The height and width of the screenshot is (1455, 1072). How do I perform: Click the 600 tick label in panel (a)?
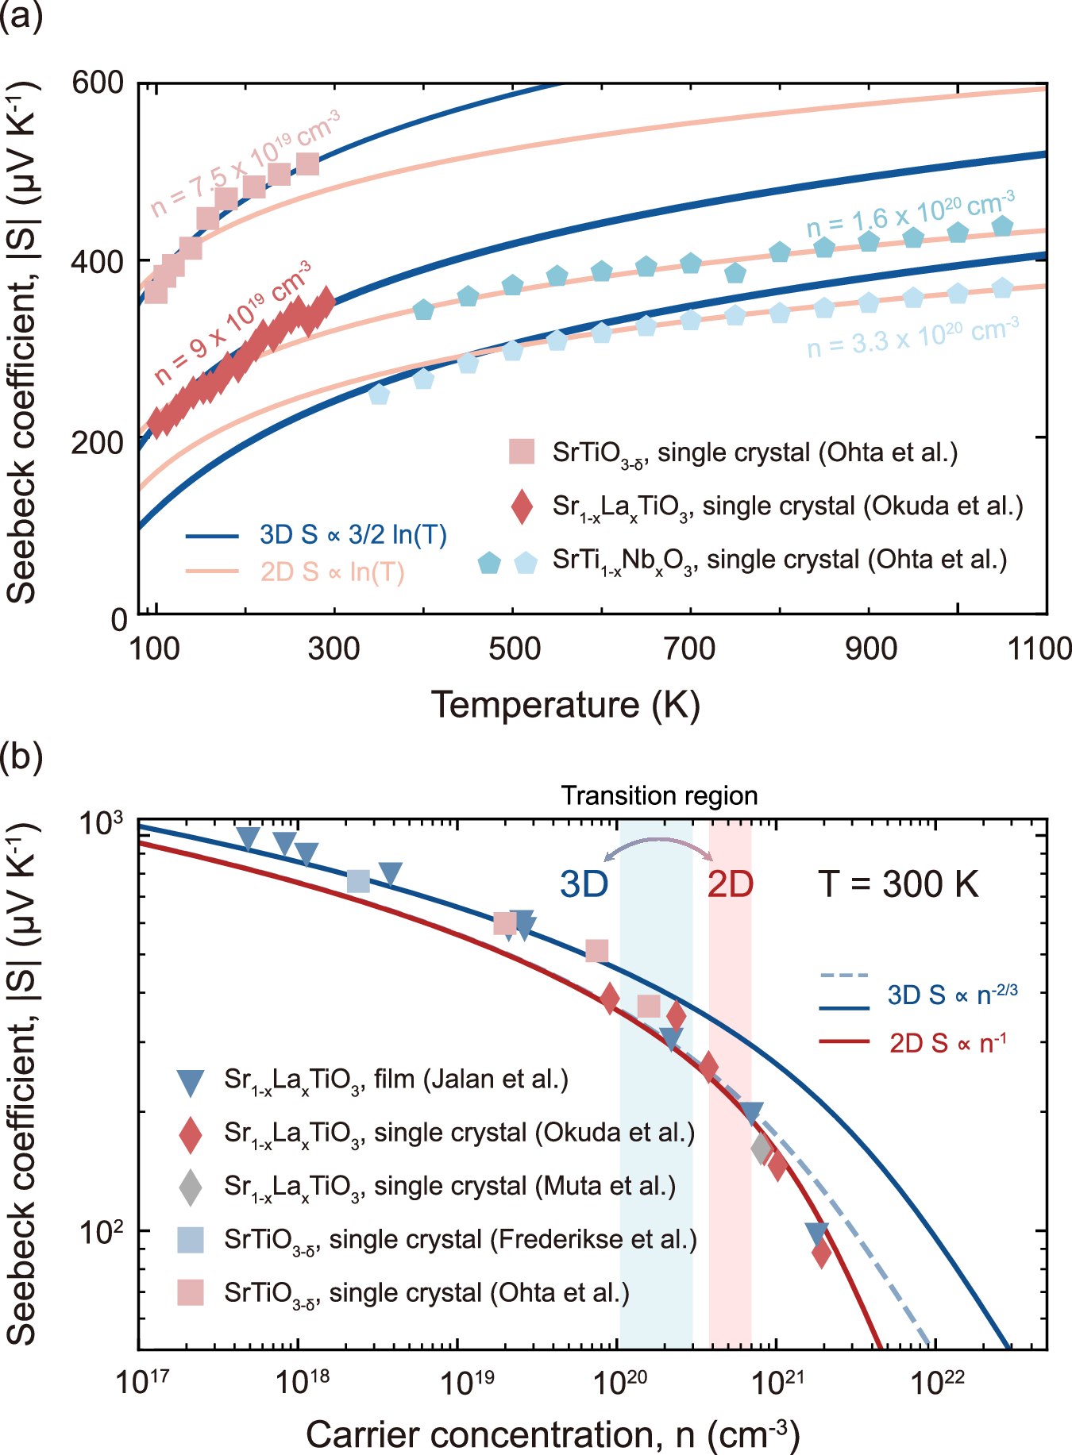tap(98, 83)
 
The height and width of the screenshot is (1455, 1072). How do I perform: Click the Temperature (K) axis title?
tap(565, 704)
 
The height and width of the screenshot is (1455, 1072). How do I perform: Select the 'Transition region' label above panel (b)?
tap(659, 795)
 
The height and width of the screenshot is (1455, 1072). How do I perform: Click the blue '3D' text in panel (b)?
tap(584, 884)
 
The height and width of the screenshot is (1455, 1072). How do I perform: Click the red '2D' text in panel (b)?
tap(730, 884)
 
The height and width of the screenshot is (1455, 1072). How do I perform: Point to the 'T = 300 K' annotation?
tap(898, 884)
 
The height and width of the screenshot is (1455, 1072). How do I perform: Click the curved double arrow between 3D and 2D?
tap(658, 849)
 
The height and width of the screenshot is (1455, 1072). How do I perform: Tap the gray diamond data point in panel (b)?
tap(762, 1148)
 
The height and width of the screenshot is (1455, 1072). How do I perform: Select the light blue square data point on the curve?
tap(359, 880)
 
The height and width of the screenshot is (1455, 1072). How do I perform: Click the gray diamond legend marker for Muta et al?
tap(191, 1187)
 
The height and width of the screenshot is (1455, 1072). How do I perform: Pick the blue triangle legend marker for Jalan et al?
tap(191, 1081)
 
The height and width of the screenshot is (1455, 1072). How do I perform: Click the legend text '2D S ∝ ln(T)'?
tap(332, 572)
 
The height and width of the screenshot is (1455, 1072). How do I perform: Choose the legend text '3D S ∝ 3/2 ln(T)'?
tap(353, 535)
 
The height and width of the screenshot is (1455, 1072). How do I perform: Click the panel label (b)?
tap(21, 756)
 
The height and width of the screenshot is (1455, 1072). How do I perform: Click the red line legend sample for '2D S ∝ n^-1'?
tap(844, 1041)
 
